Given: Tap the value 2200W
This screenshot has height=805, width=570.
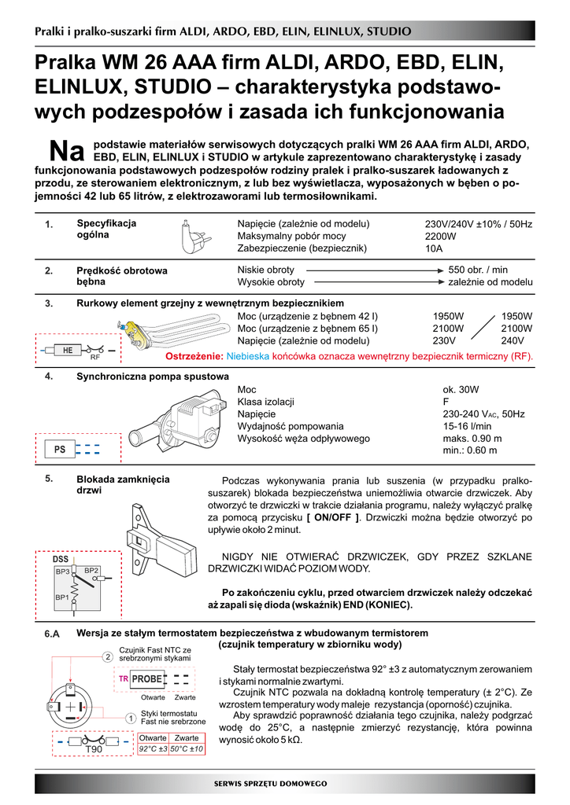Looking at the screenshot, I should tap(441, 236).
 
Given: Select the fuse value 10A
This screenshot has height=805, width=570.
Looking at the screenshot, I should tap(434, 248).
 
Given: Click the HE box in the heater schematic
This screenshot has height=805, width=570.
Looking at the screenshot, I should tap(68, 349).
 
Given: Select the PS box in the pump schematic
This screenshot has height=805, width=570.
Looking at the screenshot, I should tap(60, 450).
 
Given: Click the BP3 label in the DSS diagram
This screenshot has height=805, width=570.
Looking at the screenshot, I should tap(63, 571).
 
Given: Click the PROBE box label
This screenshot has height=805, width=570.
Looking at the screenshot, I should tap(146, 678).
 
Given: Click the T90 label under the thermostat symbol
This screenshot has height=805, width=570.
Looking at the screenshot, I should tap(94, 751).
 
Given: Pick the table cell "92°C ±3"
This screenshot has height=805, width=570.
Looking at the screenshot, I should tap(153, 749).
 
